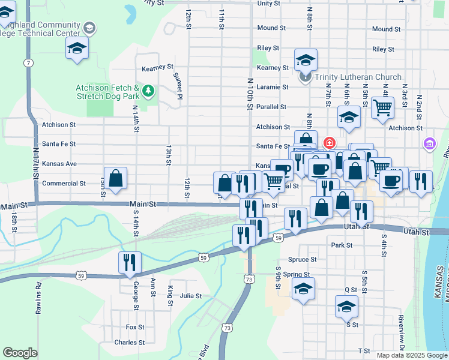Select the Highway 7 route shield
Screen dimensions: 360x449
pos(28,62)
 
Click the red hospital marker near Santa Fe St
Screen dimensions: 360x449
pos(329,143)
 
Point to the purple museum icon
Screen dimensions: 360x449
pos(429,144)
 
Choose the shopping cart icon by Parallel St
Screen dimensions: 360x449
pos(382,108)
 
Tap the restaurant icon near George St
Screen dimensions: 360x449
pos(130,262)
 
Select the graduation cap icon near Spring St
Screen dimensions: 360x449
pos(303,289)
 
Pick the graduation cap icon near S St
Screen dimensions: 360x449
pos(346,307)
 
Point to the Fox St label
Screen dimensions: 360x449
pos(135,327)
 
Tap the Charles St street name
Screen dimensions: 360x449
pos(129,343)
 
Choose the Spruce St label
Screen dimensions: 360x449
pos(303,260)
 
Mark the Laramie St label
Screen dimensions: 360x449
pos(273,87)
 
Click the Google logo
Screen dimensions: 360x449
pos(20,353)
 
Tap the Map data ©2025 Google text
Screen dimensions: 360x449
pos(412,355)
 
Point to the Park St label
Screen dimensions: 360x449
pos(341,245)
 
